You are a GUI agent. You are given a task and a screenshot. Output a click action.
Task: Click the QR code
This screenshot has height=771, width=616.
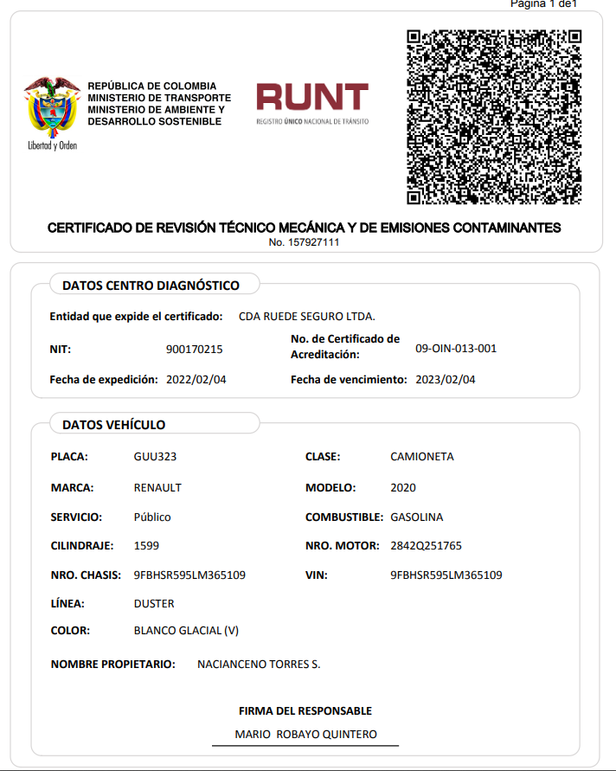tap(493, 117)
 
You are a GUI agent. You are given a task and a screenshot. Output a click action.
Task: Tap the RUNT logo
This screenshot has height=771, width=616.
tap(312, 103)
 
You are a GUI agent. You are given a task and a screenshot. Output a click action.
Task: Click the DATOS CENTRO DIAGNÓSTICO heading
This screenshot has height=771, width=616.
tap(151, 286)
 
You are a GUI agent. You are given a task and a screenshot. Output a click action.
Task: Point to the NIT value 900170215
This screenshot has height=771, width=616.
tap(194, 350)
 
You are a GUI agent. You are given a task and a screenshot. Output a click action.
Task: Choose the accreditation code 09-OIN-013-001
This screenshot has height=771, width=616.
tap(456, 349)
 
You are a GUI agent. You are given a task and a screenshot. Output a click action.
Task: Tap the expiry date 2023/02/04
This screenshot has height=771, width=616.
tap(446, 380)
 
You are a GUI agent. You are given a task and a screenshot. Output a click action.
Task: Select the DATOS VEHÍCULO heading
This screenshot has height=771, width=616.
tap(113, 425)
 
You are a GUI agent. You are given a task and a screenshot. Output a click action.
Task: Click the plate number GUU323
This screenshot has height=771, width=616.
tap(156, 457)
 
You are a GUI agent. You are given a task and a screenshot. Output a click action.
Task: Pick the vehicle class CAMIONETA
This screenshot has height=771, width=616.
tap(422, 457)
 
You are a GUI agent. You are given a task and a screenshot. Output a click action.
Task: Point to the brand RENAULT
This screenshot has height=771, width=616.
tap(157, 488)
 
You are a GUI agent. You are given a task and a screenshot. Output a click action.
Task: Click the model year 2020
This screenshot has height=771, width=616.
tap(403, 488)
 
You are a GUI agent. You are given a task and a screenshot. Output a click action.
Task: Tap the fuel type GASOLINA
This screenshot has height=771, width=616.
tap(417, 517)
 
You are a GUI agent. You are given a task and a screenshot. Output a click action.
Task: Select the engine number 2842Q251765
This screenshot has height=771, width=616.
tap(427, 546)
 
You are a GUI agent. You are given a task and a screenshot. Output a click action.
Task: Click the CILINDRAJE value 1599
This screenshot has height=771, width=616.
tap(146, 546)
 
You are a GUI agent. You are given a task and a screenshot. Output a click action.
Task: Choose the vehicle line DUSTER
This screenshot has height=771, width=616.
tap(154, 604)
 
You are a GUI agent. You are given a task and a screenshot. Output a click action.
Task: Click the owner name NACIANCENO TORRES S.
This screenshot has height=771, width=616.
tap(259, 665)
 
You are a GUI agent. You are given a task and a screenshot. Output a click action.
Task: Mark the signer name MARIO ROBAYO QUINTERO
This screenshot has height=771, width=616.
tap(306, 735)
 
